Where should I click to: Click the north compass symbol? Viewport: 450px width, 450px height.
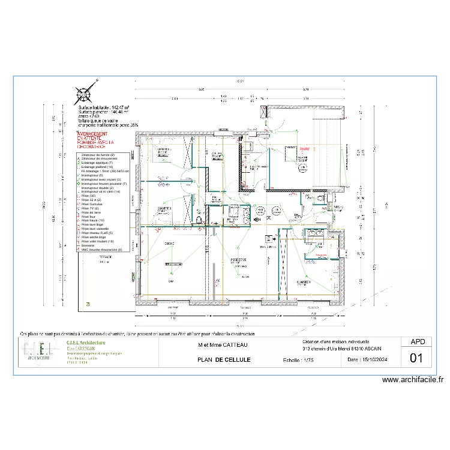(x=83, y=94)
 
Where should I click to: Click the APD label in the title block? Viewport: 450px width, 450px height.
(x=418, y=342)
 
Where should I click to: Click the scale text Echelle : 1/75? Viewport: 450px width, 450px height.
(x=301, y=361)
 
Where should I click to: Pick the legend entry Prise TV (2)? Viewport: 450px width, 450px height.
(x=91, y=208)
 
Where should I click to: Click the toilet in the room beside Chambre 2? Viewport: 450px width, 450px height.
(x=197, y=220)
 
